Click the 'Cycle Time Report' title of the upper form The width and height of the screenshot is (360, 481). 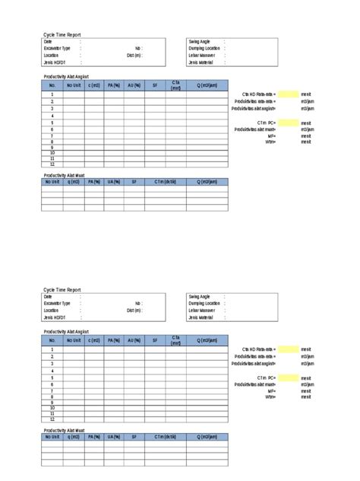tap(62, 35)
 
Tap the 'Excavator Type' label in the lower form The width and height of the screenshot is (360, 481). tap(57, 303)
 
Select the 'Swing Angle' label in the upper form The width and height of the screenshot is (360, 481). tap(199, 41)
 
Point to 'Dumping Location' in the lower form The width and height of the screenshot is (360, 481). tap(204, 303)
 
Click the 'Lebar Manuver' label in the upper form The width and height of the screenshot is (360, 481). tap(201, 55)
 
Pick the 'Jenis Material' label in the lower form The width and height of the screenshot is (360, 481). tap(201, 317)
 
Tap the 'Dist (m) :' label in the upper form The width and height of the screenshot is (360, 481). tap(134, 55)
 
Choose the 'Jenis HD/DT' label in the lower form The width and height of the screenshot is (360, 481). tap(55, 317)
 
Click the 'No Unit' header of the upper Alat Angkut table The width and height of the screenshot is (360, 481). tap(73, 85)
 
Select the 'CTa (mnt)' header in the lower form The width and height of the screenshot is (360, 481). tap(175, 340)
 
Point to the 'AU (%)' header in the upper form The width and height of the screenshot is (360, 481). tap(134, 85)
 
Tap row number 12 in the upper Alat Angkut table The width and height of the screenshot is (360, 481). tap(52, 164)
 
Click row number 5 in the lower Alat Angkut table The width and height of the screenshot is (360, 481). tap(52, 377)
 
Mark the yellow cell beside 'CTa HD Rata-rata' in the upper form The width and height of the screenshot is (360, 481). tap(288, 94)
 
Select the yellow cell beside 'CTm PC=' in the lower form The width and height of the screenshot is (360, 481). tap(288, 377)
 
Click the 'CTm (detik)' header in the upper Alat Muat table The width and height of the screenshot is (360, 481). tap(165, 182)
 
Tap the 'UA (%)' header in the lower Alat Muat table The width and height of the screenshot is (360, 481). tap(114, 437)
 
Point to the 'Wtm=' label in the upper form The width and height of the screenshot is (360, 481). tap(270, 142)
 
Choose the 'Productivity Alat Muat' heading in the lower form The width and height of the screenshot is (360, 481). tap(64, 430)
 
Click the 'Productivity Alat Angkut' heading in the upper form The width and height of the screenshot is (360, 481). tap(66, 77)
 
